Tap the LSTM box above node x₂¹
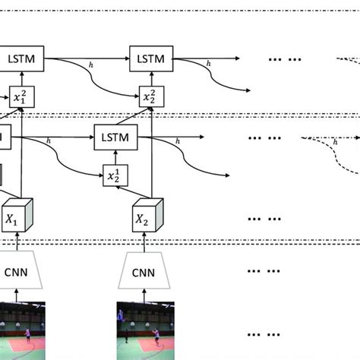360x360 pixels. pyautogui.click(x=115, y=139)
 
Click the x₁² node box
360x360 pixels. pyautogui.click(x=22, y=96)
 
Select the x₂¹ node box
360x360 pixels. pyautogui.click(x=115, y=176)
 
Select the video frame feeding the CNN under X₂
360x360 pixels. pyautogui.click(x=147, y=330)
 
